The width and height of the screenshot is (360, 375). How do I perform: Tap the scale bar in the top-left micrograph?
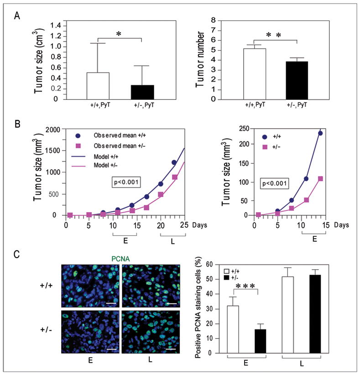tap(110, 302)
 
